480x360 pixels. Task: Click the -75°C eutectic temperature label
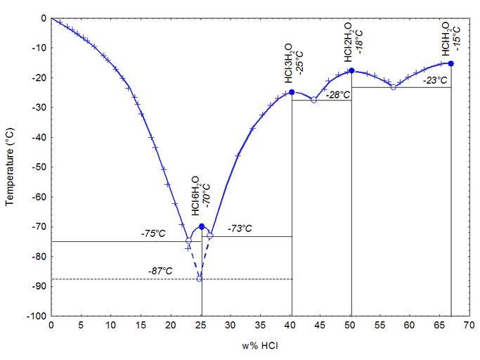(153, 234)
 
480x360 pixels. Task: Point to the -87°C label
(160, 271)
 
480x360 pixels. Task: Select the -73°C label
(240, 229)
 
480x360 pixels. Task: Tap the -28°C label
(338, 94)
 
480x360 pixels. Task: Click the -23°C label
(435, 80)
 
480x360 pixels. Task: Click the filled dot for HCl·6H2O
(202, 226)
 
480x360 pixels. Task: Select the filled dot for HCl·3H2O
(292, 92)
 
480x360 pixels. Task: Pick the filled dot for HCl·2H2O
(351, 70)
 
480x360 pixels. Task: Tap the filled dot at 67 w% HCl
(450, 63)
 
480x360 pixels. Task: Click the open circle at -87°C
(199, 279)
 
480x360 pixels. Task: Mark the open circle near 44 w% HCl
(313, 100)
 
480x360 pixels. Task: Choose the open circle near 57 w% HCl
(393, 86)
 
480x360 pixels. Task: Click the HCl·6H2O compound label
(195, 196)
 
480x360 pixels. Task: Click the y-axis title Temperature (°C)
(10, 167)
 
